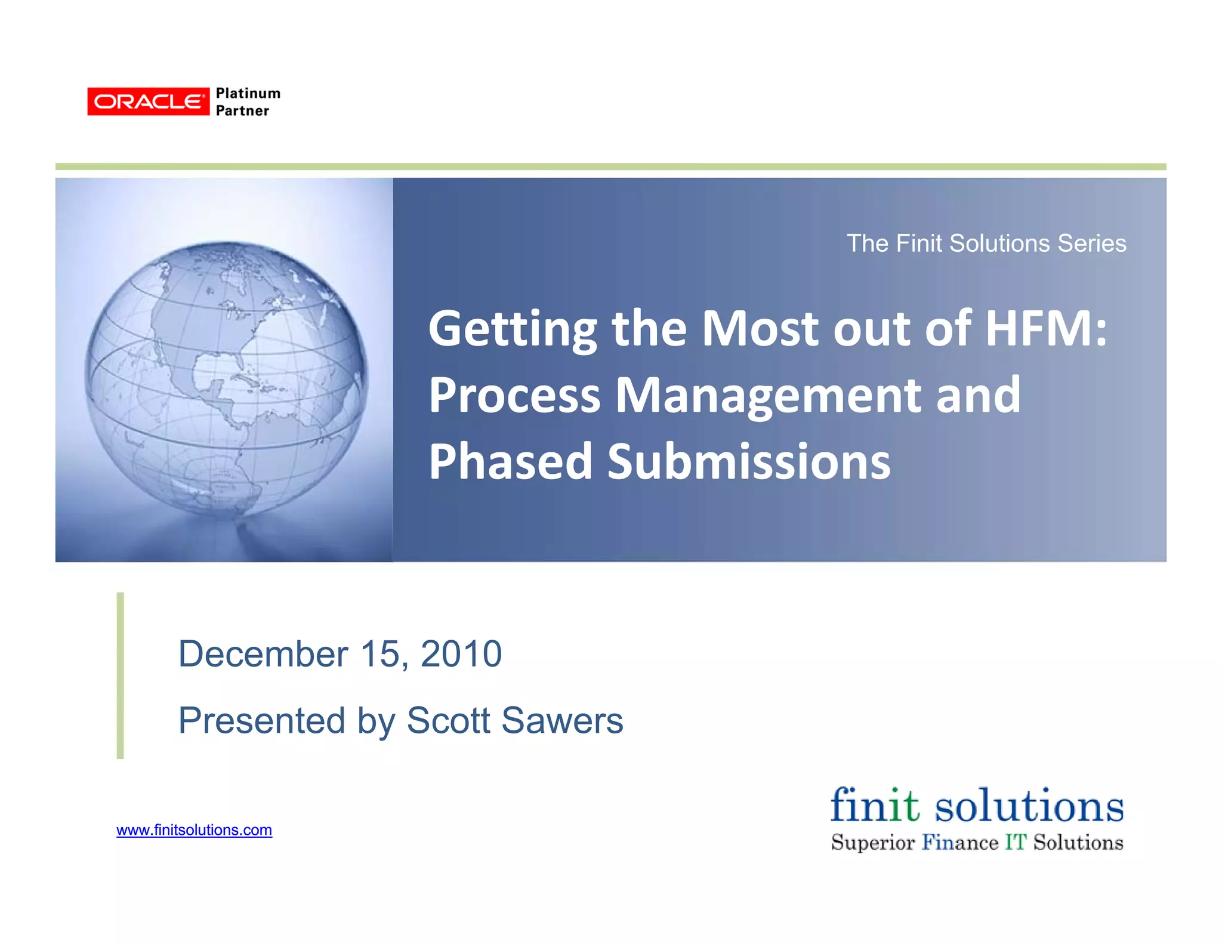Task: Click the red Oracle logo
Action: [148, 101]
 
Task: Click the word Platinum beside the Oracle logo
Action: [248, 94]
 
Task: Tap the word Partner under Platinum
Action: [242, 111]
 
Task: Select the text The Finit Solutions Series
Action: [986, 243]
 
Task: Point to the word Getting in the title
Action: [513, 329]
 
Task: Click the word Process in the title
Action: [514, 395]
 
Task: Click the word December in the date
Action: [263, 654]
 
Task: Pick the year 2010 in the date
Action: [461, 654]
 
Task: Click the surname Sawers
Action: [562, 720]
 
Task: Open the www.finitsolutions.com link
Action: [194, 830]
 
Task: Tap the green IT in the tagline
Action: [1016, 843]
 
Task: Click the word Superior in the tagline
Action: [872, 843]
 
